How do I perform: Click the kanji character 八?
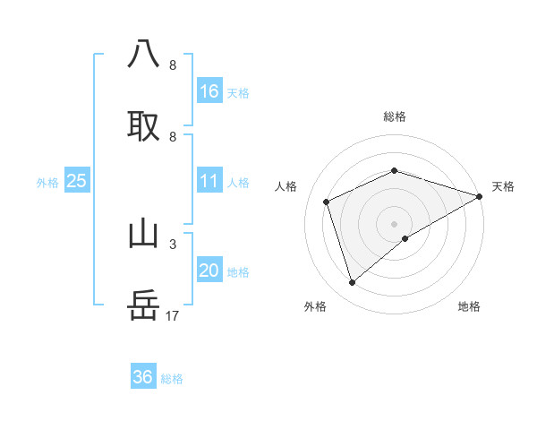(x=143, y=54)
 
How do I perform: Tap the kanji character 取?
(x=143, y=125)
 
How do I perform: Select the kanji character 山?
(x=143, y=233)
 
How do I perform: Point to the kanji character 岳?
(x=143, y=305)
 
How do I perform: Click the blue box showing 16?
(x=209, y=91)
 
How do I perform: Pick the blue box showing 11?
(x=209, y=182)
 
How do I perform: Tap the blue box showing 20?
(x=209, y=271)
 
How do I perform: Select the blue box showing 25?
(x=77, y=182)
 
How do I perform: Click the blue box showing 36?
(x=143, y=377)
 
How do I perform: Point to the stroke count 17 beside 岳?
(x=174, y=315)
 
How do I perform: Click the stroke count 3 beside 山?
(x=173, y=244)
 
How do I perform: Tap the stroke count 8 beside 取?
(x=173, y=136)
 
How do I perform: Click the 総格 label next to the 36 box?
(x=172, y=379)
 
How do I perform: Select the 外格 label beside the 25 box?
(x=47, y=183)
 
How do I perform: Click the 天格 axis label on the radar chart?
(x=503, y=186)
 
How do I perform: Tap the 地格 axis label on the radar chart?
(x=469, y=306)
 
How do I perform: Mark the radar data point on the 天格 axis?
(x=480, y=196)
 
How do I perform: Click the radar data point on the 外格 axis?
(x=352, y=283)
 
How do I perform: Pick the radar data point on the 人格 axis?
(x=327, y=202)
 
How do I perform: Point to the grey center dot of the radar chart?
(x=394, y=224)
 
